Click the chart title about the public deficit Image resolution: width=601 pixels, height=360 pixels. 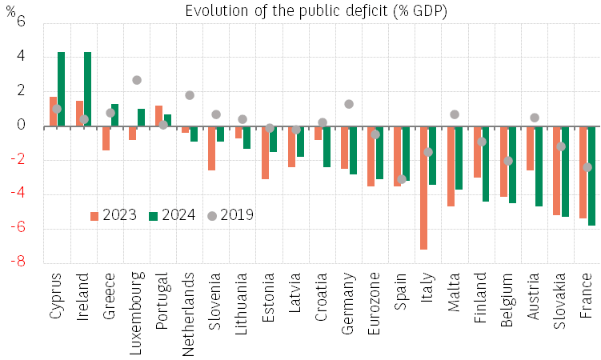click(316, 10)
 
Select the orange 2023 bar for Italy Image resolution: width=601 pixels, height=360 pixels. click(423, 188)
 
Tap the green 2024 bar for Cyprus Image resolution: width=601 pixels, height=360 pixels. click(61, 89)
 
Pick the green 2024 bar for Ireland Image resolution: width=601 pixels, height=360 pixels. click(87, 89)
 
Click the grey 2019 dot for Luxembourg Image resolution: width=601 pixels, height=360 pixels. click(137, 80)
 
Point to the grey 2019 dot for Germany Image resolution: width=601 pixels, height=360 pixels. click(349, 104)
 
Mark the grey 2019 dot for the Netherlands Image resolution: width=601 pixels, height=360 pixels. click(190, 95)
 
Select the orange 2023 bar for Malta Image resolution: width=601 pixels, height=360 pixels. click(450, 166)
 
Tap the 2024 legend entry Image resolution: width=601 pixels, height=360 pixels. click(171, 215)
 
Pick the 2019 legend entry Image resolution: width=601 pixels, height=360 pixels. click(230, 215)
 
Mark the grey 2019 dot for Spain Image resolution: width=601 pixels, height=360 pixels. click(402, 179)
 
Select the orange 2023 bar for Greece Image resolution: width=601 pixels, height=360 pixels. click(106, 138)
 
